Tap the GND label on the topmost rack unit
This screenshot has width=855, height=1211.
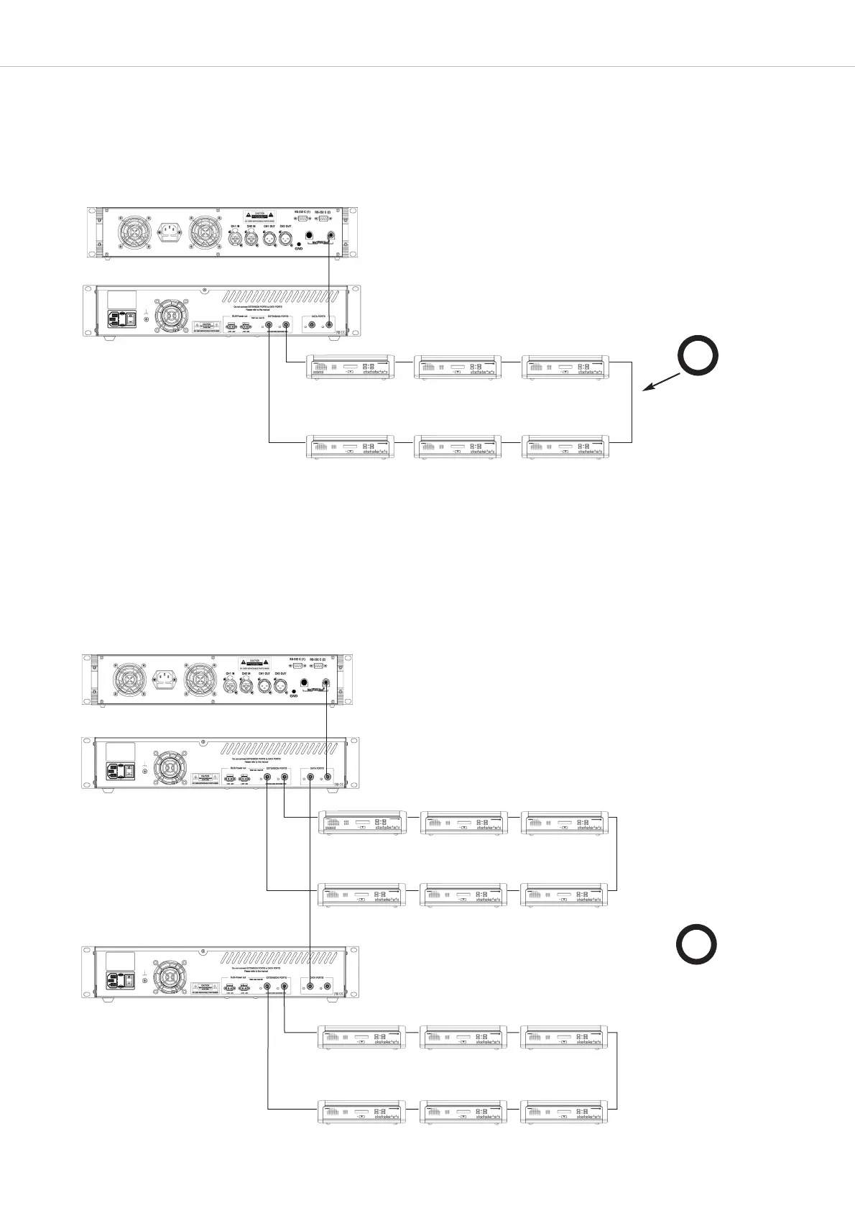coord(299,249)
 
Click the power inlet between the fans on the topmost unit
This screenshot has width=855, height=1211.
coord(170,233)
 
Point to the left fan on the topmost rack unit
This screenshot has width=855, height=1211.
coord(134,232)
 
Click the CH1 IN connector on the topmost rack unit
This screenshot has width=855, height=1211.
coord(234,237)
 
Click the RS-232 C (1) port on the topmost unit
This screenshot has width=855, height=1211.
coord(302,220)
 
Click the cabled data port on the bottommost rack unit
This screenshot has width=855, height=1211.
coord(310,987)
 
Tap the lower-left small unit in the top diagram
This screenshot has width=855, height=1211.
coord(350,447)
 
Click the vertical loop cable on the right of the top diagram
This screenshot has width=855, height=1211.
coord(631,403)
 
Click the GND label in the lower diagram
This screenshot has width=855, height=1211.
coord(293,696)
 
